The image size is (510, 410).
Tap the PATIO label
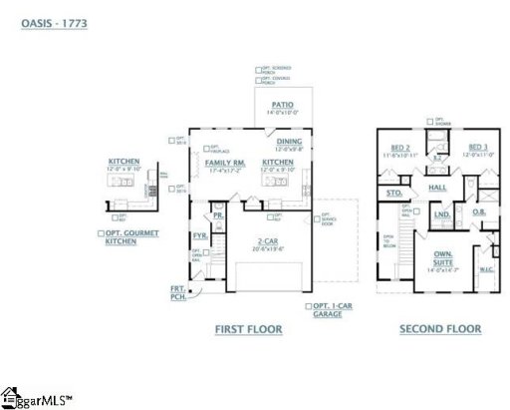[x=284, y=104]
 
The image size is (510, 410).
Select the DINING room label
[x=290, y=141]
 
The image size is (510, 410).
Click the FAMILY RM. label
[x=224, y=162]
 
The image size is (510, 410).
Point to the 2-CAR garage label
[x=267, y=241]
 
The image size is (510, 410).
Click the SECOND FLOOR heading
[x=440, y=328]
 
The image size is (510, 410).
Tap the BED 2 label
[x=401, y=147]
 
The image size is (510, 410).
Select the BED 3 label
[x=479, y=147]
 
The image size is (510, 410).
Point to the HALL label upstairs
[x=437, y=187]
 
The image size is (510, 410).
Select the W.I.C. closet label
[x=487, y=269]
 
